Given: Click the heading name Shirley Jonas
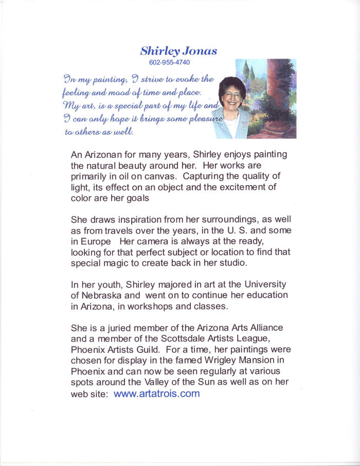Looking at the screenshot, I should [x=178, y=51].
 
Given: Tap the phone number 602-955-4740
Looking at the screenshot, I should [x=169, y=63].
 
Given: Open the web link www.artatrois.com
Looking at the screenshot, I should [x=156, y=394].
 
